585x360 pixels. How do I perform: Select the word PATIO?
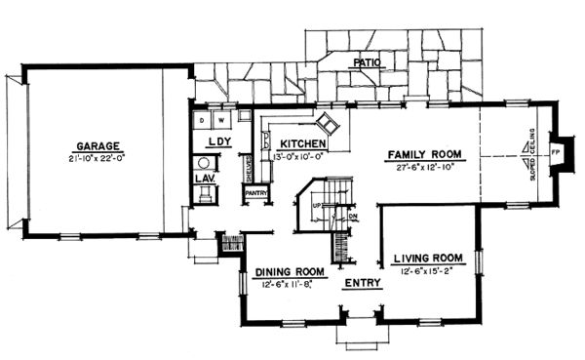click(367, 61)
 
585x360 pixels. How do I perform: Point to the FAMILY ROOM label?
click(424, 155)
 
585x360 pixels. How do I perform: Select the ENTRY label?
click(363, 287)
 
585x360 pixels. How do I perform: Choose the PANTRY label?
click(256, 193)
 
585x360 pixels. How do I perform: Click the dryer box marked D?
click(202, 121)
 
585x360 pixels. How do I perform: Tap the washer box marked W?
click(221, 121)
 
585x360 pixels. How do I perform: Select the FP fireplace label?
click(557, 154)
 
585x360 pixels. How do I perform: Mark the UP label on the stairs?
click(317, 207)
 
